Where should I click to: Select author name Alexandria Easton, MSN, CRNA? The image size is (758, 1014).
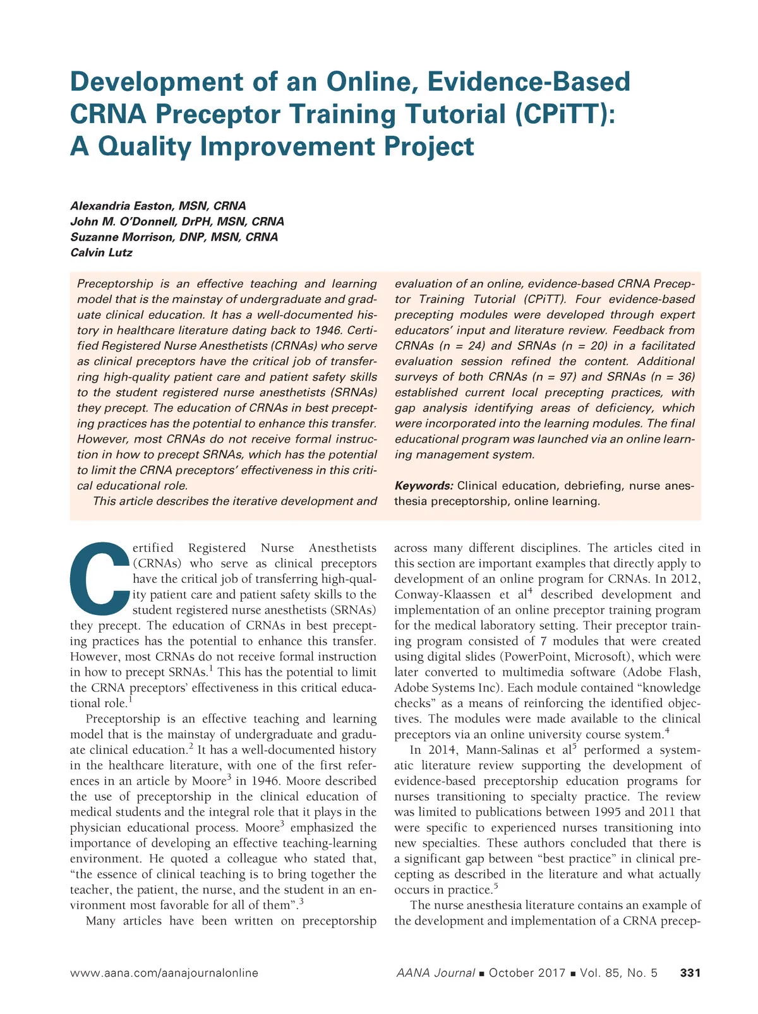(x=158, y=206)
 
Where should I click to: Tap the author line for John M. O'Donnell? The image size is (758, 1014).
(x=177, y=222)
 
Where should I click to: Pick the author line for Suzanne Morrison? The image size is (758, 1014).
(x=174, y=237)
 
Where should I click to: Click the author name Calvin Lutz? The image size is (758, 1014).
(x=101, y=253)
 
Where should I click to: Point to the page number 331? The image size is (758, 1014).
(x=690, y=973)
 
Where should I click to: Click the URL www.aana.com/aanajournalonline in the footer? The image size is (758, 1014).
(x=164, y=973)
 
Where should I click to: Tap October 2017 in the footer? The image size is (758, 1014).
(x=527, y=973)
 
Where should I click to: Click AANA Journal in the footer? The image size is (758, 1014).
(x=435, y=973)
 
